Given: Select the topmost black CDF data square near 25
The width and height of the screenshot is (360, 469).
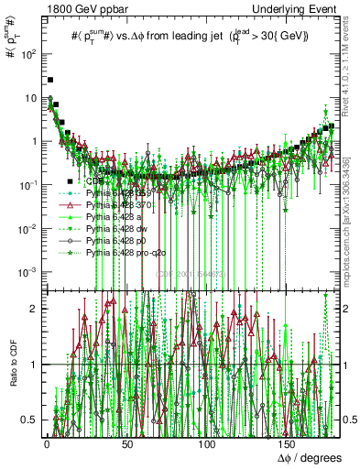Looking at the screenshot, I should click(x=51, y=80).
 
